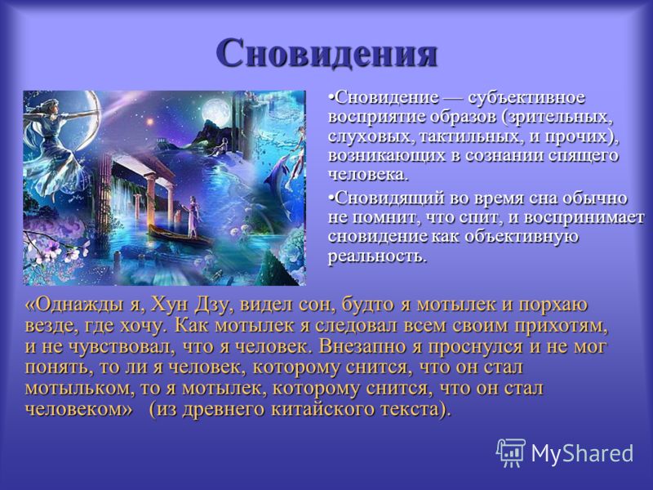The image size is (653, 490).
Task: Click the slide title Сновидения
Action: point(327,53)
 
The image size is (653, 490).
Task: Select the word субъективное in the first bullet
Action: point(526,98)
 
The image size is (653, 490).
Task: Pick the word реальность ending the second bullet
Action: point(377,256)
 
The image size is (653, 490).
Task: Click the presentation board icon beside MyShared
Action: point(511,452)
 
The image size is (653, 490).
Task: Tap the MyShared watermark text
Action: point(582,453)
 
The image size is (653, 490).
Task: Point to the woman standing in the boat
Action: point(193,216)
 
